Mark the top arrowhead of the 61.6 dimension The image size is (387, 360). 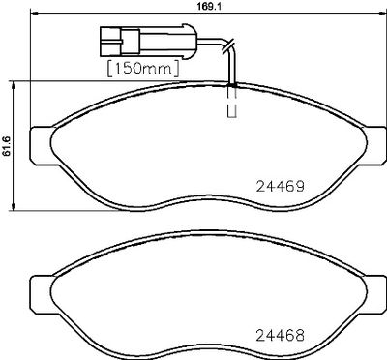[x=14, y=85]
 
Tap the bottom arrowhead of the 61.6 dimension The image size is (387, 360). [x=14, y=206]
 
